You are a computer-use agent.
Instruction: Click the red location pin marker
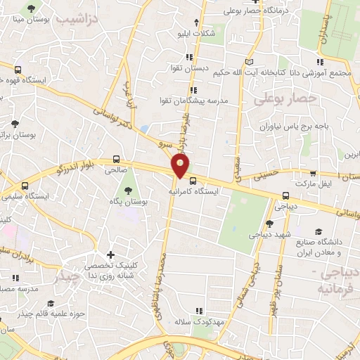pos(181,166)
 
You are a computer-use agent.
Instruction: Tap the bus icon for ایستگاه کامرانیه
pos(193,181)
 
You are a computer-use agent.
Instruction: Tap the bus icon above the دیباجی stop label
pos(285,197)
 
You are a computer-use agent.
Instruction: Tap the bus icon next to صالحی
pos(116,160)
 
